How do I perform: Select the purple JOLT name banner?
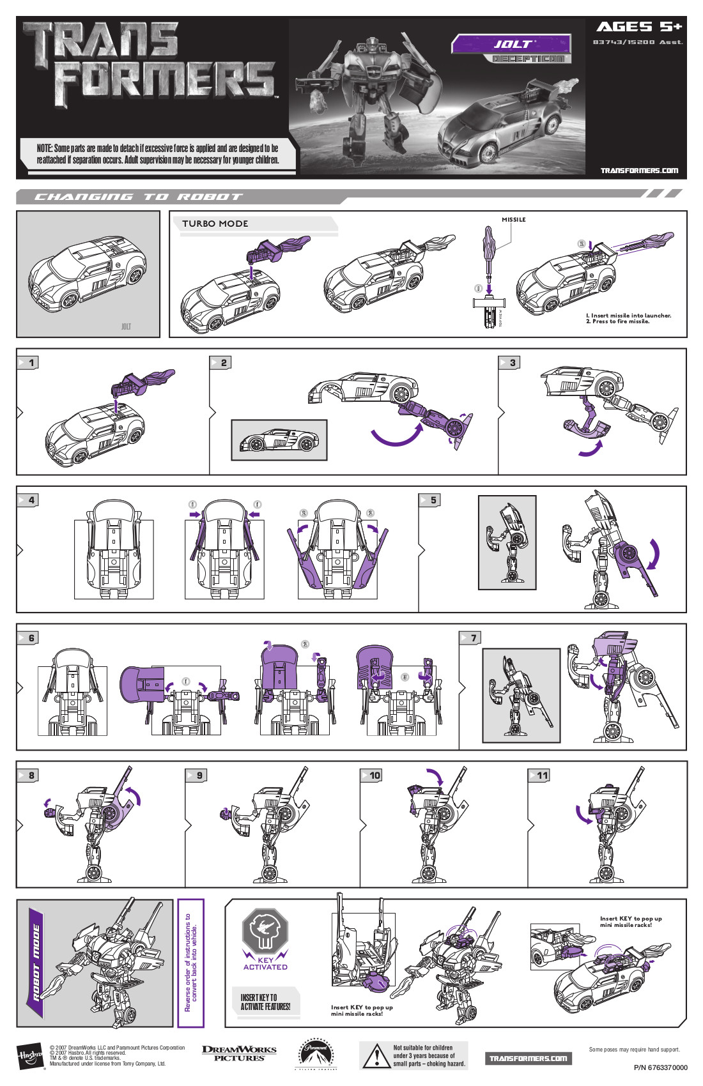(x=511, y=44)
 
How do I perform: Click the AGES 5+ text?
(x=638, y=27)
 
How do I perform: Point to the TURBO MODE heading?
(x=215, y=224)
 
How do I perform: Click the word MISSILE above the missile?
(x=513, y=220)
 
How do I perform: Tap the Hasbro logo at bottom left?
(x=29, y=1055)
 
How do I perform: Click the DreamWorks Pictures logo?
(x=239, y=1053)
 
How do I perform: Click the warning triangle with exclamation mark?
(x=376, y=1057)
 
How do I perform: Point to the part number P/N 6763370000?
(x=660, y=1067)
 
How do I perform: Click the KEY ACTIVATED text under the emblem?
(x=265, y=963)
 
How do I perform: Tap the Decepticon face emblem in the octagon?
(x=265, y=930)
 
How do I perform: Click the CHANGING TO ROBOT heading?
(x=138, y=197)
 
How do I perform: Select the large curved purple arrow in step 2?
(x=396, y=436)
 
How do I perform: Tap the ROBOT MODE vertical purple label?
(x=36, y=962)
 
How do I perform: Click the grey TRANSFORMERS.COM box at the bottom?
(x=528, y=1059)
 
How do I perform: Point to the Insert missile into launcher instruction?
(x=628, y=316)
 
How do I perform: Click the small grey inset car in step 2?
(x=279, y=440)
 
